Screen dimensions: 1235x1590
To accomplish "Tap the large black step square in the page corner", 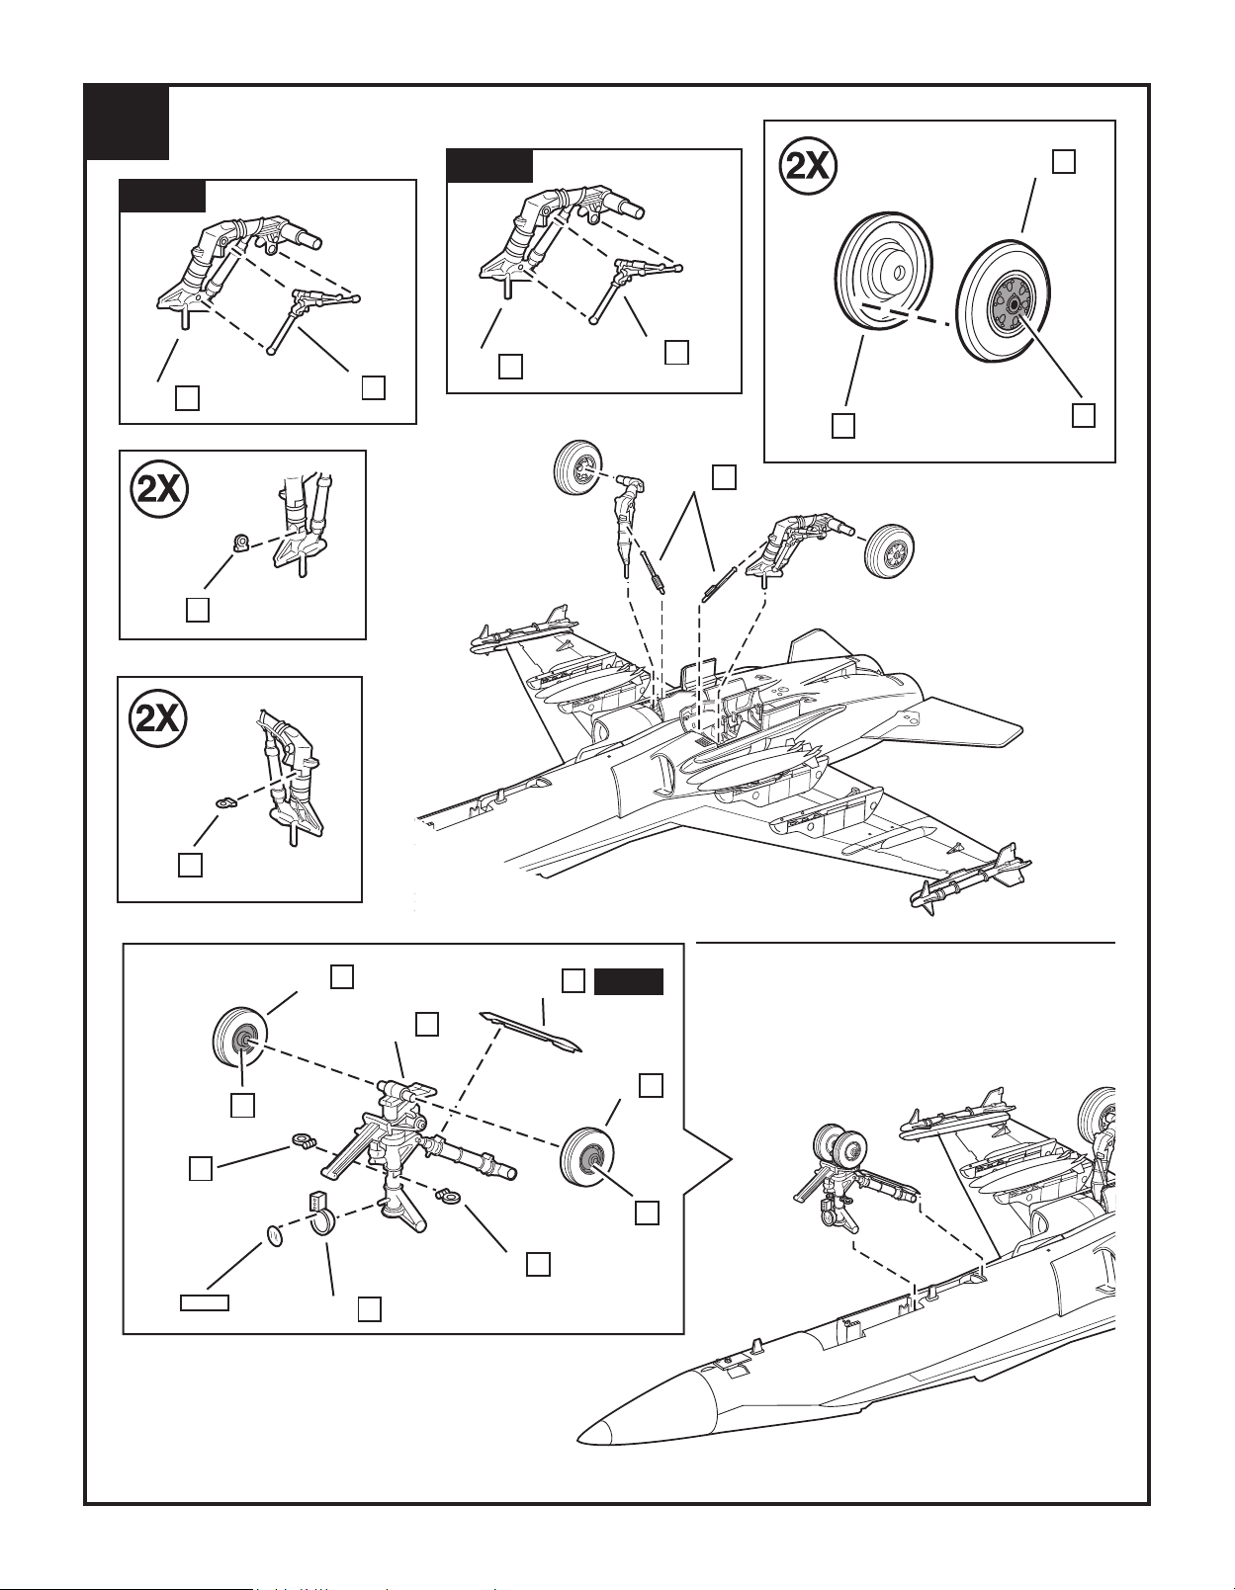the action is tap(128, 123).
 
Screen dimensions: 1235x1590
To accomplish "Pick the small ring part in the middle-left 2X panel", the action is tap(239, 543).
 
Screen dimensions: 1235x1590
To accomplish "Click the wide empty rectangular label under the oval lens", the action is tap(205, 1302).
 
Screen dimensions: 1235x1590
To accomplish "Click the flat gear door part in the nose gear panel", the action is tap(530, 1031).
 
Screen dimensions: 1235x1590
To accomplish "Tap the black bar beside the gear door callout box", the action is tap(629, 982).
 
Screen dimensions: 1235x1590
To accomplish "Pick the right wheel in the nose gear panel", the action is tap(586, 1158).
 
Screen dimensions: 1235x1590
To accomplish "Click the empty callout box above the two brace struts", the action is tap(724, 477).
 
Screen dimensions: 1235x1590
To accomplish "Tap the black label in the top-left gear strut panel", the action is tap(162, 196).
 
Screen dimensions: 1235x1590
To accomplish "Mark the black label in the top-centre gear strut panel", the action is tap(489, 165).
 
